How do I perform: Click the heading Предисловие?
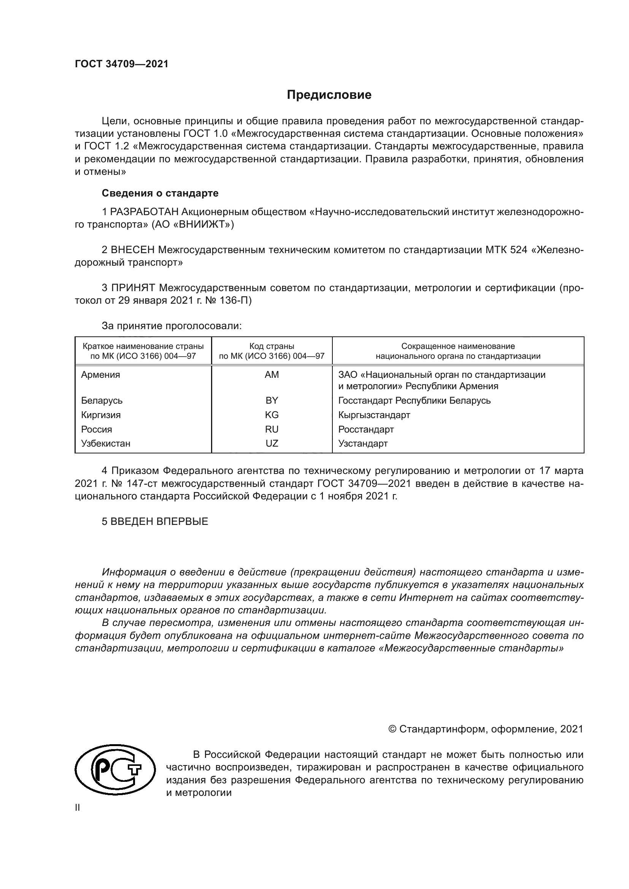[329, 95]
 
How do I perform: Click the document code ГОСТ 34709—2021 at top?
[122, 64]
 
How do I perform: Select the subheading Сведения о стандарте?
[160, 193]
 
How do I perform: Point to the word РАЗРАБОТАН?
[145, 212]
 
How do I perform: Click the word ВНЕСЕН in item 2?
[133, 250]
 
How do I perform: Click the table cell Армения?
[101, 375]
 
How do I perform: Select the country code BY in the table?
[272, 400]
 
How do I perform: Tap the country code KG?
[272, 415]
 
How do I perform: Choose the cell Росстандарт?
[365, 429]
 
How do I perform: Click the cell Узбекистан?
[106, 443]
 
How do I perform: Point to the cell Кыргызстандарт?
[374, 415]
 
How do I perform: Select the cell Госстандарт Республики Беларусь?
[414, 400]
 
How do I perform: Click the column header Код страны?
[272, 346]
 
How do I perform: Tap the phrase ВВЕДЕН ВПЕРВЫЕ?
[159, 521]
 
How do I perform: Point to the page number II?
[78, 808]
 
